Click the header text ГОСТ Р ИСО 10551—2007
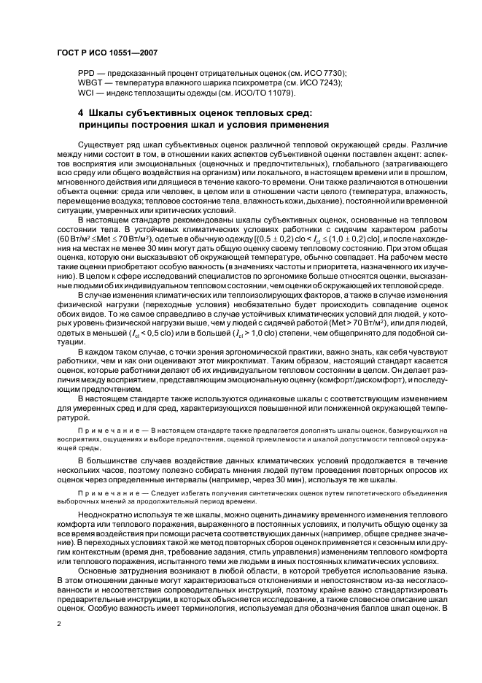point(106,53)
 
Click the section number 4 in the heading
point(81,113)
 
